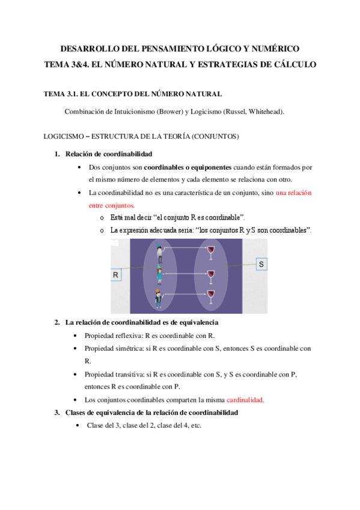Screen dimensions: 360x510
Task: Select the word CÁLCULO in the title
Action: (x=295, y=64)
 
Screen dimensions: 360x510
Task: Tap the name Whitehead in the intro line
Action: (x=266, y=112)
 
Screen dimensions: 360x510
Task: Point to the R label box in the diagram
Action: (x=115, y=275)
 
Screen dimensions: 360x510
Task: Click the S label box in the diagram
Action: (x=261, y=264)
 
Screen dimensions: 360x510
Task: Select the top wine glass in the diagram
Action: (x=211, y=253)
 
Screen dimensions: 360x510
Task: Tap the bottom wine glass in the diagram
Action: (x=211, y=296)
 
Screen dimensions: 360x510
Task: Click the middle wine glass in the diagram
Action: (x=211, y=277)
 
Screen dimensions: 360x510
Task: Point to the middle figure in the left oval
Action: (x=159, y=275)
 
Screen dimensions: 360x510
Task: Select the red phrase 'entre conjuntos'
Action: (x=111, y=206)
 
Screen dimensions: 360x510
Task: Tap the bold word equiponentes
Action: (x=211, y=168)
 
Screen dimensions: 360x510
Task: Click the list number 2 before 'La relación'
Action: (x=57, y=322)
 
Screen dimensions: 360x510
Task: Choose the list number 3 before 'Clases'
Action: (x=57, y=413)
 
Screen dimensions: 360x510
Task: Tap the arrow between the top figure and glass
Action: (x=185, y=248)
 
